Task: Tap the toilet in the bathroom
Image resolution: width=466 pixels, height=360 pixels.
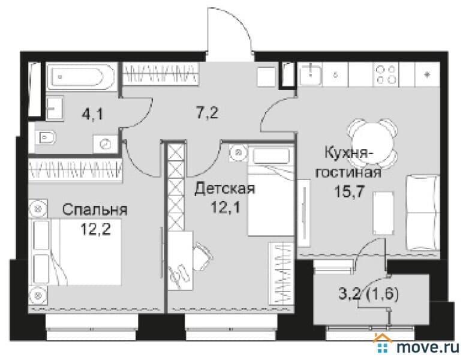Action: point(46,137)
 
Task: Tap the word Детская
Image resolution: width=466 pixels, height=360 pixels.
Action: point(225,189)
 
